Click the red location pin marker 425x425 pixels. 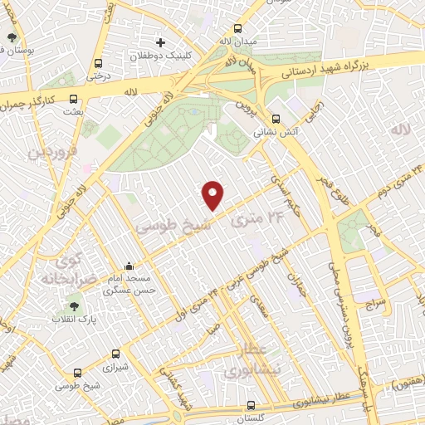point(213,194)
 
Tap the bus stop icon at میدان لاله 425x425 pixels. point(225,27)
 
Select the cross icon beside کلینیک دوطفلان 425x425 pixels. point(161,42)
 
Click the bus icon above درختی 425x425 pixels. point(99,63)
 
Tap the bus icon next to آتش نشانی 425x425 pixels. point(276,118)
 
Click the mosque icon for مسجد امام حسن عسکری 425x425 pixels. point(131,263)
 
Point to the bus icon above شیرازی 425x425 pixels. point(115,354)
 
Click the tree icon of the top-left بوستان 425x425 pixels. point(12,38)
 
